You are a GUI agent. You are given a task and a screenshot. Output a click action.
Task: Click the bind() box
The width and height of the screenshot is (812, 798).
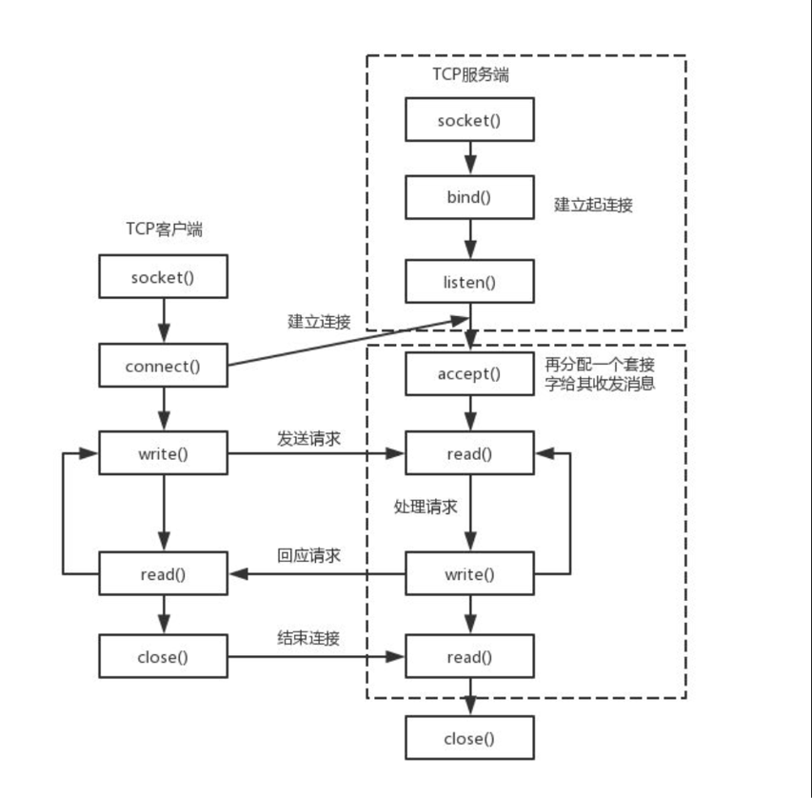(469, 197)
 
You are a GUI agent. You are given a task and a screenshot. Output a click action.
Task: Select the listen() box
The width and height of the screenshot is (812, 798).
(469, 281)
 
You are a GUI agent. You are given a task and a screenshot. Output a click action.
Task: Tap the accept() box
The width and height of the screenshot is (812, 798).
(469, 373)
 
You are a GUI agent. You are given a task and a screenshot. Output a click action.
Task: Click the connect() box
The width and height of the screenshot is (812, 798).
(163, 366)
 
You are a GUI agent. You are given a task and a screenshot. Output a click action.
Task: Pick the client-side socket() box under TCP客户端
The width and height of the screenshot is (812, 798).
(163, 276)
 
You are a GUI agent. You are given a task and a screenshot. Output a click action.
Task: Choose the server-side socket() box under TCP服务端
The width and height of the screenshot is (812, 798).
(469, 119)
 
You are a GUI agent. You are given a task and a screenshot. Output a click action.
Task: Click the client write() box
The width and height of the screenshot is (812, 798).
(163, 453)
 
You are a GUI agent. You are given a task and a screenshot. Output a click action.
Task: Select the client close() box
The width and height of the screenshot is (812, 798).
(163, 656)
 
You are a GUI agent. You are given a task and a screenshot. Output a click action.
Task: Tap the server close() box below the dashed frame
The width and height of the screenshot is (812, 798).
(469, 738)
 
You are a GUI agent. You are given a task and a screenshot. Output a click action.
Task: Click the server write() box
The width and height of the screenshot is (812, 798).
(469, 573)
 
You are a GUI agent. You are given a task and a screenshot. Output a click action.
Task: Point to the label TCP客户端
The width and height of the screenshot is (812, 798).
(164, 229)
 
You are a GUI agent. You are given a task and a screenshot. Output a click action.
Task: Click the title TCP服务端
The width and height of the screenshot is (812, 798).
(471, 74)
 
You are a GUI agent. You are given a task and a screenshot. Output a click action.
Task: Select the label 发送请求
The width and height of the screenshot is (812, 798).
(308, 438)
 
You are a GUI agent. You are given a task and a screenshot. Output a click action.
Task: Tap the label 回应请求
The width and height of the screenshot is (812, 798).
(308, 555)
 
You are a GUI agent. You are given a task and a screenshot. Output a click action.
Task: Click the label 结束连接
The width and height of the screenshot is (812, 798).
(308, 638)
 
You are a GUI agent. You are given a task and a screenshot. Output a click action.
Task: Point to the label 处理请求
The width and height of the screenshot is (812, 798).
(426, 507)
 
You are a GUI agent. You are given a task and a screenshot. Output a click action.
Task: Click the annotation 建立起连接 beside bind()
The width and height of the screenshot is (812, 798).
(593, 205)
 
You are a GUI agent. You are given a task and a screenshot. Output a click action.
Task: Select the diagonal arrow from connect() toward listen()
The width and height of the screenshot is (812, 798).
(348, 343)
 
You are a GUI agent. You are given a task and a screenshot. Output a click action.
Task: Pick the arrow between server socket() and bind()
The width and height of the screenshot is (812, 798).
(470, 158)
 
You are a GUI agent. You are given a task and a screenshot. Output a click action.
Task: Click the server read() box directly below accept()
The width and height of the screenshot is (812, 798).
(469, 453)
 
